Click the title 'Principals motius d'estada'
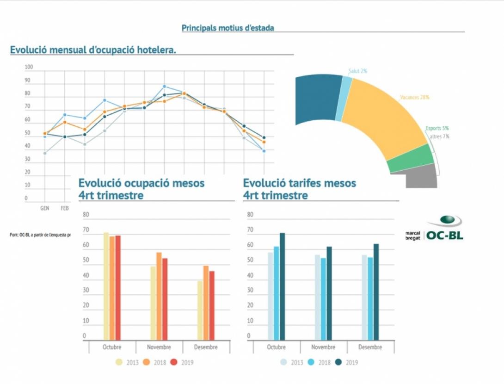click(x=227, y=28)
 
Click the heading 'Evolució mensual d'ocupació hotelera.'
click(x=93, y=50)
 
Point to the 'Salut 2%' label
click(x=358, y=71)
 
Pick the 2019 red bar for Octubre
click(x=118, y=287)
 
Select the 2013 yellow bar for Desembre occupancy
click(x=200, y=310)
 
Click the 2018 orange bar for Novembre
click(x=159, y=296)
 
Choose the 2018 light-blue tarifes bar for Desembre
click(x=370, y=298)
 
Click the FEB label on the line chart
click(x=64, y=209)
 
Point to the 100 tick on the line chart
click(x=29, y=68)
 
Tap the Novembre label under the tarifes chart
click(x=323, y=347)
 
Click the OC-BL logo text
click(x=444, y=235)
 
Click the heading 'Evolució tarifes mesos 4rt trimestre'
click(x=299, y=189)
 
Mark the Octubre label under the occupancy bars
click(x=112, y=347)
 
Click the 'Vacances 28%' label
click(x=415, y=98)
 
